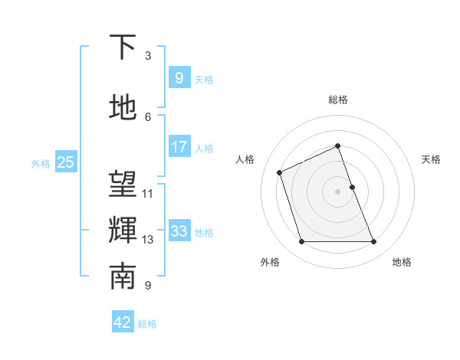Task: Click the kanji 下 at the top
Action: (x=123, y=47)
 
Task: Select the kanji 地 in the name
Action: (x=123, y=108)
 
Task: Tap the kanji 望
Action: (x=123, y=185)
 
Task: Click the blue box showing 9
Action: (x=179, y=77)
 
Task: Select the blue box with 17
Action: (x=179, y=147)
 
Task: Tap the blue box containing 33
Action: (x=179, y=231)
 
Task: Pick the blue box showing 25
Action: (x=65, y=162)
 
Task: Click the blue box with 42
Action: (x=123, y=322)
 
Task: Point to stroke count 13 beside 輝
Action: (x=148, y=240)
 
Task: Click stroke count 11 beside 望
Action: (x=148, y=194)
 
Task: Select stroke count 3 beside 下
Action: (x=148, y=56)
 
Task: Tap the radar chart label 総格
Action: (x=338, y=100)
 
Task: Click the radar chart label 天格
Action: (x=431, y=159)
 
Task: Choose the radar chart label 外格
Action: (x=270, y=262)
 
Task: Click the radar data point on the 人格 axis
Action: (x=281, y=172)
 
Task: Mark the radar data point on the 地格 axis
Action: (x=374, y=242)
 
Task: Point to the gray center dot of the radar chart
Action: (x=338, y=191)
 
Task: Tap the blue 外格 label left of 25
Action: (x=41, y=163)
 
